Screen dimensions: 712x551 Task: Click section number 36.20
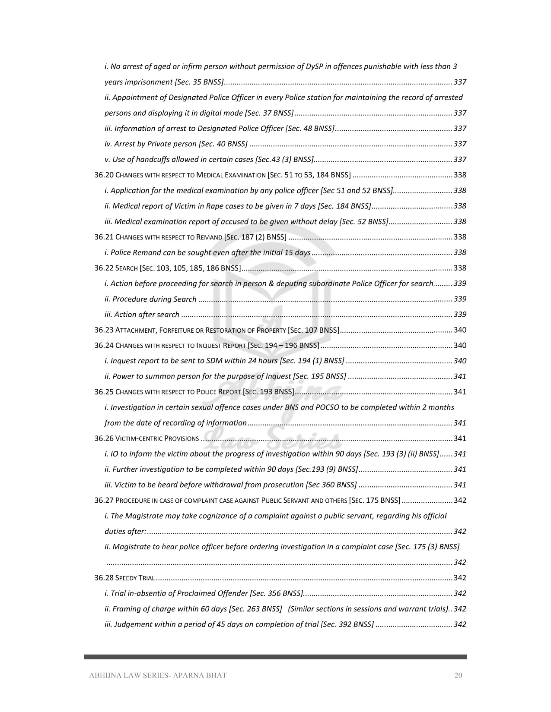click(104, 175)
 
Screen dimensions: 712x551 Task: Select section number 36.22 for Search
click(104, 268)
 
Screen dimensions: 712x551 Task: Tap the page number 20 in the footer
click(458, 675)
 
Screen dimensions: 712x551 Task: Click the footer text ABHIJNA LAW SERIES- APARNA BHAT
click(158, 675)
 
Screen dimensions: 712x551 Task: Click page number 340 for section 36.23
click(460, 330)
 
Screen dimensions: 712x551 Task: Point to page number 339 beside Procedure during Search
click(460, 299)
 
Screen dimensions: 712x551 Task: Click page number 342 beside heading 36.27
click(460, 501)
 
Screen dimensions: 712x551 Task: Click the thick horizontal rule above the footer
click(275, 657)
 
